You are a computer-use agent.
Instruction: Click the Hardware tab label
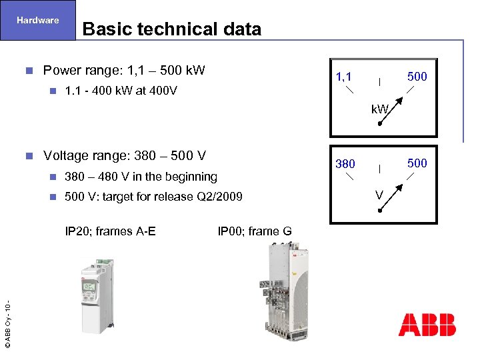pos(37,20)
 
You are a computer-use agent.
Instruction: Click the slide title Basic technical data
pos(171,29)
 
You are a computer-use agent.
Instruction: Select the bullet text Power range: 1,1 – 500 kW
pos(123,71)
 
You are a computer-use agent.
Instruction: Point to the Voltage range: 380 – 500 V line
pos(124,156)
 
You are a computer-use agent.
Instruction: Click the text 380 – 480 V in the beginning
pos(141,177)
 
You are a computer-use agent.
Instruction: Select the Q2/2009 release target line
pos(153,197)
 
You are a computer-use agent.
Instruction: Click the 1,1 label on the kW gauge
pos(344,77)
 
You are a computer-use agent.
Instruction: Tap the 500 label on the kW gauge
pos(417,77)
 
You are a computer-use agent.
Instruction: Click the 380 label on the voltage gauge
pos(345,163)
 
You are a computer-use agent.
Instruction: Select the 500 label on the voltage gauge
pos(417,163)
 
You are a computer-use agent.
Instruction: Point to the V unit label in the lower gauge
pos(379,195)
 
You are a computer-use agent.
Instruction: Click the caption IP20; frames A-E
pos(110,231)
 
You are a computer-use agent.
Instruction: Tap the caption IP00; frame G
pos(254,231)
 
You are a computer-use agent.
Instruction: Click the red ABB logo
pos(427,325)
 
